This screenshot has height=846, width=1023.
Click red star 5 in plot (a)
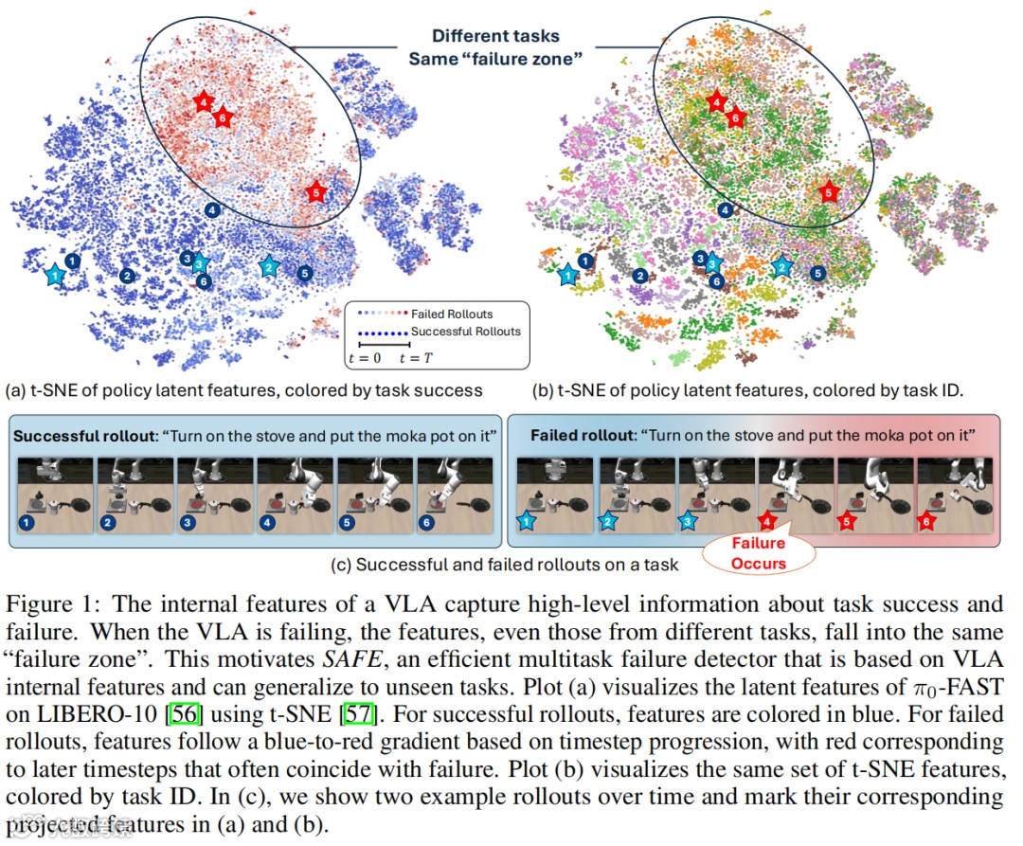tap(316, 192)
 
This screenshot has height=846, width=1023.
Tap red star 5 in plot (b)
tap(829, 192)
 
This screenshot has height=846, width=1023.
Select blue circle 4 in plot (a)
tap(213, 209)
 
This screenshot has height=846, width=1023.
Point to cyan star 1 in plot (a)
tap(56, 275)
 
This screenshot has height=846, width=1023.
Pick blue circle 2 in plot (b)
tap(640, 276)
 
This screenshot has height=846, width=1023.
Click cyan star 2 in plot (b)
tap(781, 267)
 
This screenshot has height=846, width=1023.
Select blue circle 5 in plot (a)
tap(304, 273)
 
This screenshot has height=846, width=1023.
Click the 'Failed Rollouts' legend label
tap(452, 314)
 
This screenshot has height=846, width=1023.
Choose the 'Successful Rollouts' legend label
tap(465, 332)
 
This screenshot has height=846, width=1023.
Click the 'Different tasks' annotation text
tap(495, 37)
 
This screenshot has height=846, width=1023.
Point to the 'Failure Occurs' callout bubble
tap(758, 553)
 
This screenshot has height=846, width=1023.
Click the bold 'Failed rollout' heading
tap(581, 436)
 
